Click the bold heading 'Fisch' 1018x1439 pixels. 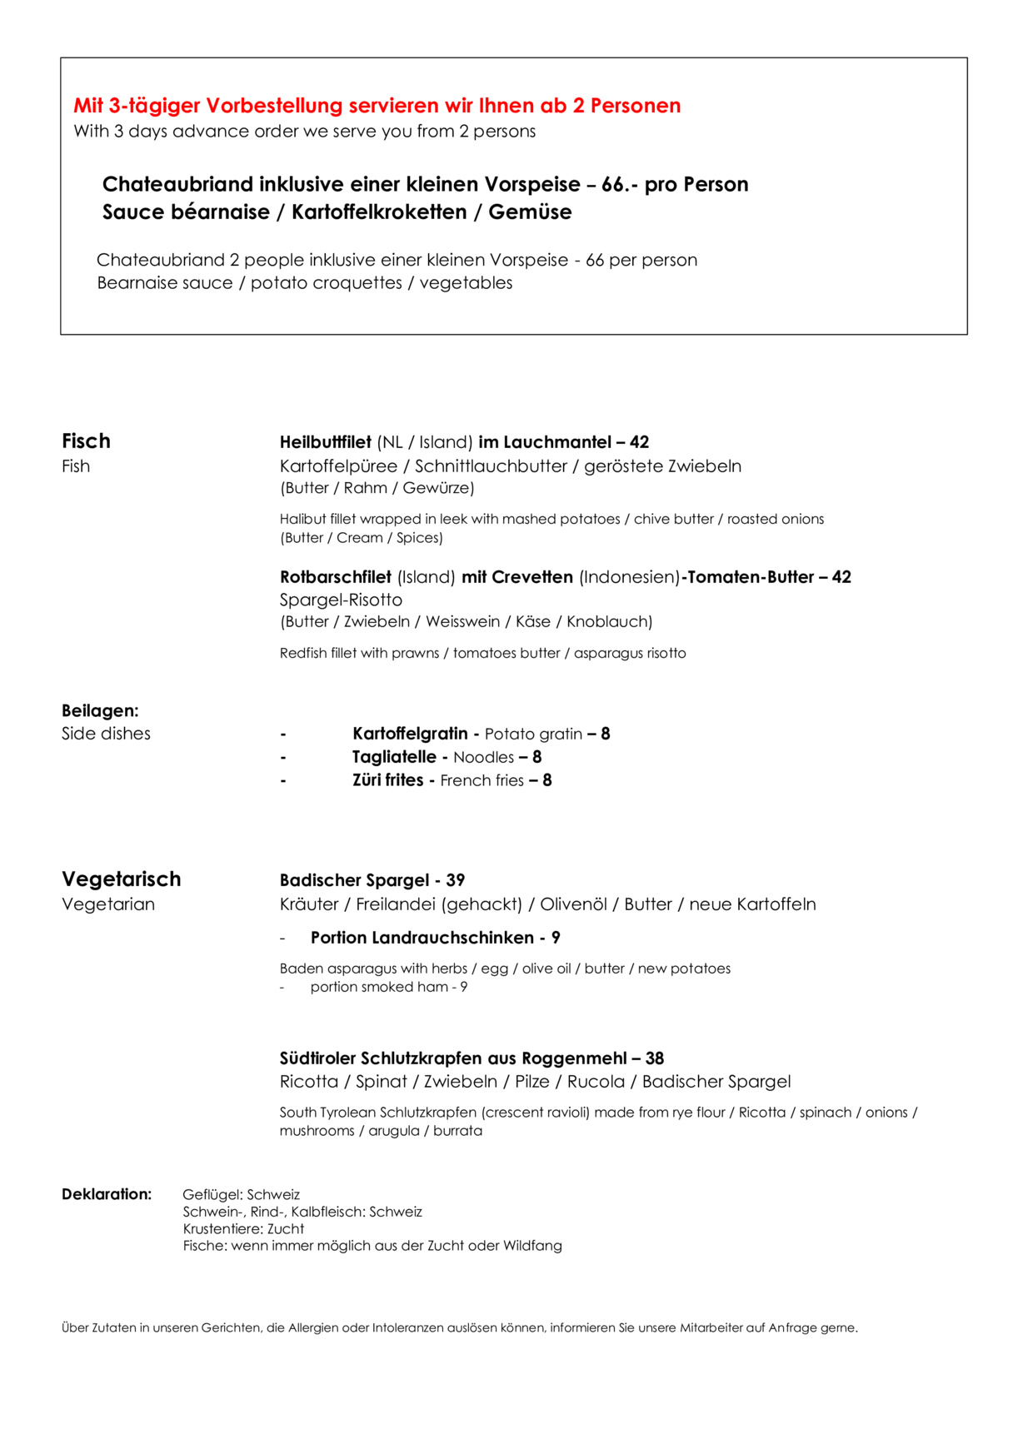[x=86, y=441]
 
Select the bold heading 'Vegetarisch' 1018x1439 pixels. [x=121, y=879]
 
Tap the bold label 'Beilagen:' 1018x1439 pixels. [x=100, y=710]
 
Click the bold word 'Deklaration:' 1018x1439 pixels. [x=107, y=1194]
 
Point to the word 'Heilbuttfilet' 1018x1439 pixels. [x=326, y=442]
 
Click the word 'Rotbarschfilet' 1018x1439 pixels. [x=336, y=577]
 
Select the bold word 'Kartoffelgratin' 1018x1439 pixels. [x=410, y=734]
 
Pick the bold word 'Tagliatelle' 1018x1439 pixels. [x=394, y=757]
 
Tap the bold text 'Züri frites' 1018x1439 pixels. [x=387, y=780]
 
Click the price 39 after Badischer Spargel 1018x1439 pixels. [x=456, y=880]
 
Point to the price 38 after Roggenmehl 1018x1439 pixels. [x=655, y=1058]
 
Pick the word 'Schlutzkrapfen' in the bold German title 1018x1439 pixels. [x=422, y=1058]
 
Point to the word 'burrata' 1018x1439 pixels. [x=457, y=1131]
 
